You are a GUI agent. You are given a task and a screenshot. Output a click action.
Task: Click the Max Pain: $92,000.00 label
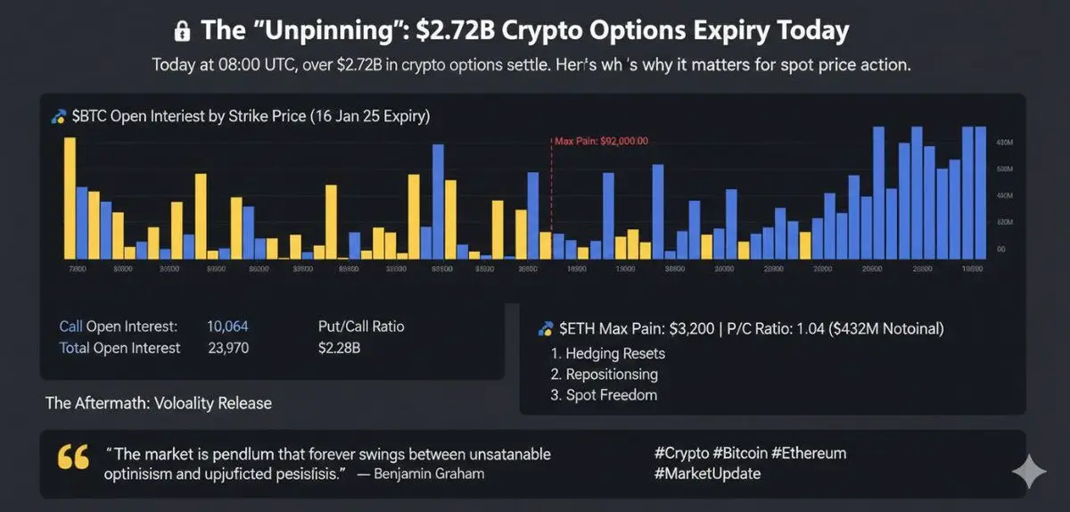click(601, 141)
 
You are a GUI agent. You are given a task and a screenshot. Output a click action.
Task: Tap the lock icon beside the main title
click(182, 32)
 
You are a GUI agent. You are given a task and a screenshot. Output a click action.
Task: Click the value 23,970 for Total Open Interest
click(228, 348)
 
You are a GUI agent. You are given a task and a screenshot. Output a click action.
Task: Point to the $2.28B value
click(339, 348)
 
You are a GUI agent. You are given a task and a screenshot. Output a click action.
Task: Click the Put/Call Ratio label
click(360, 326)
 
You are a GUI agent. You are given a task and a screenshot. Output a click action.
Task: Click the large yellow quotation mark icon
click(73, 458)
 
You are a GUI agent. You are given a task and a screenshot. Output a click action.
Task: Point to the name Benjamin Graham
click(432, 474)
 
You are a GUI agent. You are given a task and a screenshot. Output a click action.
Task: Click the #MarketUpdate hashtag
click(707, 474)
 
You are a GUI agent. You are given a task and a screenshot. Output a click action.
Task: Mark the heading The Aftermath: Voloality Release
click(159, 403)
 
